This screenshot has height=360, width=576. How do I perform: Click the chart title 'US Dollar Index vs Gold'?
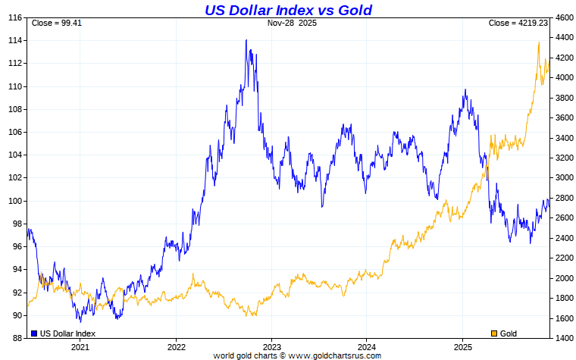click(288, 10)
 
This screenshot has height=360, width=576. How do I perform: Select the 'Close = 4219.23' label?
click(518, 23)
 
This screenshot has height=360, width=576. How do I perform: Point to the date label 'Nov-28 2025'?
click(292, 23)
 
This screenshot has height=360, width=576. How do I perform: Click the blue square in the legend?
click(34, 333)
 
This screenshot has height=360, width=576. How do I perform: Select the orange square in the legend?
click(495, 333)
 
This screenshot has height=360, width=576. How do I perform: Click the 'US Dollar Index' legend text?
click(68, 333)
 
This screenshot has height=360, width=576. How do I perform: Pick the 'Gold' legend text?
click(509, 333)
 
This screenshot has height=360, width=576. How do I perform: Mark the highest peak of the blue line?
click(246, 40)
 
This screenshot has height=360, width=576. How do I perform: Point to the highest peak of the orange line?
click(538, 42)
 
